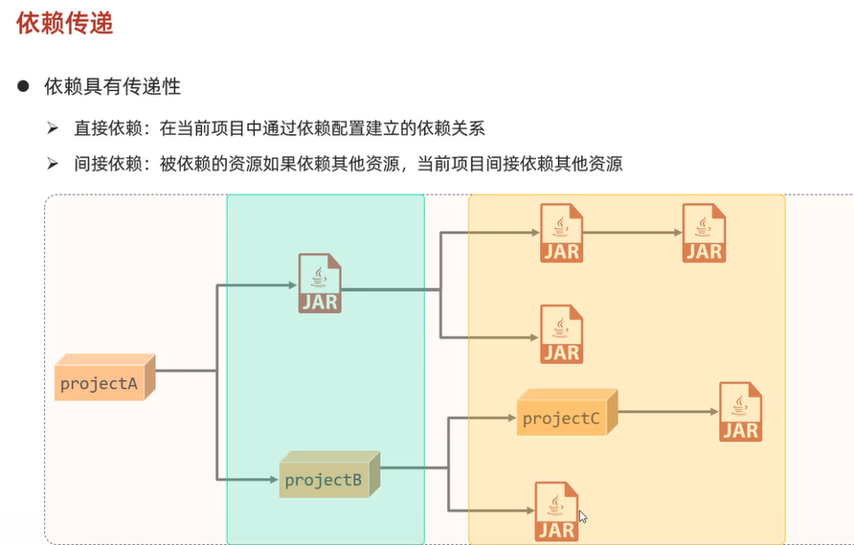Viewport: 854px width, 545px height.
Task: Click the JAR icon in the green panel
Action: [x=320, y=284]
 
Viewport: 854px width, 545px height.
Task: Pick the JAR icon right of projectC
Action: [x=741, y=412]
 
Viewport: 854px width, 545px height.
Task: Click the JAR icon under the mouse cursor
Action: [x=557, y=511]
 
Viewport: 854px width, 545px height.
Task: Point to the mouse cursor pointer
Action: [x=582, y=517]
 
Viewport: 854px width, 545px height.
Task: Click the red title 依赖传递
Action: [x=65, y=24]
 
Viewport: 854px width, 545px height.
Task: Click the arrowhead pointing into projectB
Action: [x=275, y=477]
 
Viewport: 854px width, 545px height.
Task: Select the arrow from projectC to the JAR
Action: [x=666, y=412]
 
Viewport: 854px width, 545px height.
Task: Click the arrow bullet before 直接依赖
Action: [x=54, y=127]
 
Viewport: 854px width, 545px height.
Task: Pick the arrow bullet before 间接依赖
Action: [x=54, y=164]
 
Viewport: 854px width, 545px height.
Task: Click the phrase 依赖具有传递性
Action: [x=113, y=86]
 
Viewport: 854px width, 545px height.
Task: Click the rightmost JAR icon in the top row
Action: [x=704, y=233]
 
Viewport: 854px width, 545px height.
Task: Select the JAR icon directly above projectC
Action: [x=562, y=334]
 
